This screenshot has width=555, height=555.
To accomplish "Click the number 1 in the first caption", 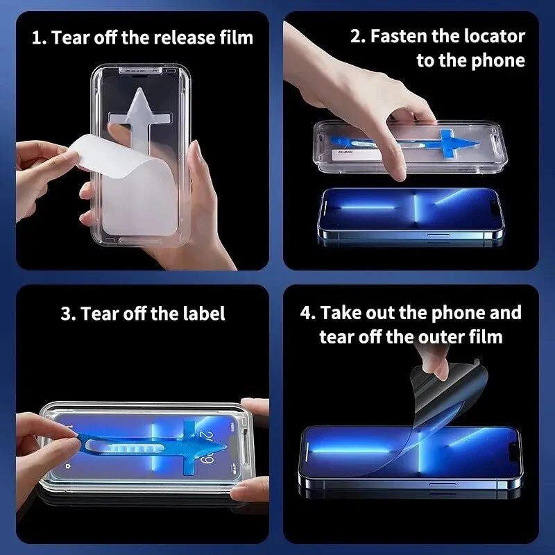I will [x=36, y=37].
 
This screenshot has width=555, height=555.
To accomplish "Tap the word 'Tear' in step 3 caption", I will [x=100, y=314].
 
